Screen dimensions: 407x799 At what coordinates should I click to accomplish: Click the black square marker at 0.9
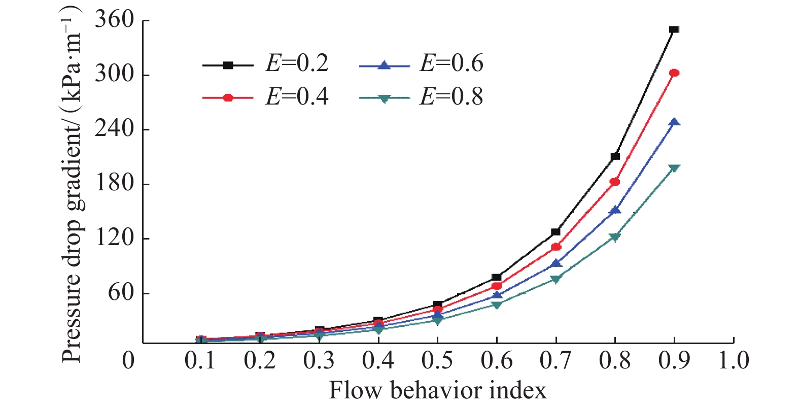674,29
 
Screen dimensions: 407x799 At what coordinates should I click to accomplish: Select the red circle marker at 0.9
674,73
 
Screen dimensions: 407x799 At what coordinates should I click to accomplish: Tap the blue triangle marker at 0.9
674,122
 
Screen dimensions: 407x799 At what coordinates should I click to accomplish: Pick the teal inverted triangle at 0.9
674,168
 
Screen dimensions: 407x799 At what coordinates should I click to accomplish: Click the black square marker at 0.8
615,156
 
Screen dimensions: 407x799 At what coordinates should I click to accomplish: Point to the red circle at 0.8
615,182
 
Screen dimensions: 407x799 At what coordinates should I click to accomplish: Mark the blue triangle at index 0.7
556,263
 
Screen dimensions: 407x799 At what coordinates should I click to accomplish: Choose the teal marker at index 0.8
615,237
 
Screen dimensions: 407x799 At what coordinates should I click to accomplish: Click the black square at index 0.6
497,278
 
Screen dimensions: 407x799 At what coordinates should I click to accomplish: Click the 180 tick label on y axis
114,183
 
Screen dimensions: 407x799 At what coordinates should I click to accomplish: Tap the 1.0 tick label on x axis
734,360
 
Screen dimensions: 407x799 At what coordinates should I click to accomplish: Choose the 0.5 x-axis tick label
437,360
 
